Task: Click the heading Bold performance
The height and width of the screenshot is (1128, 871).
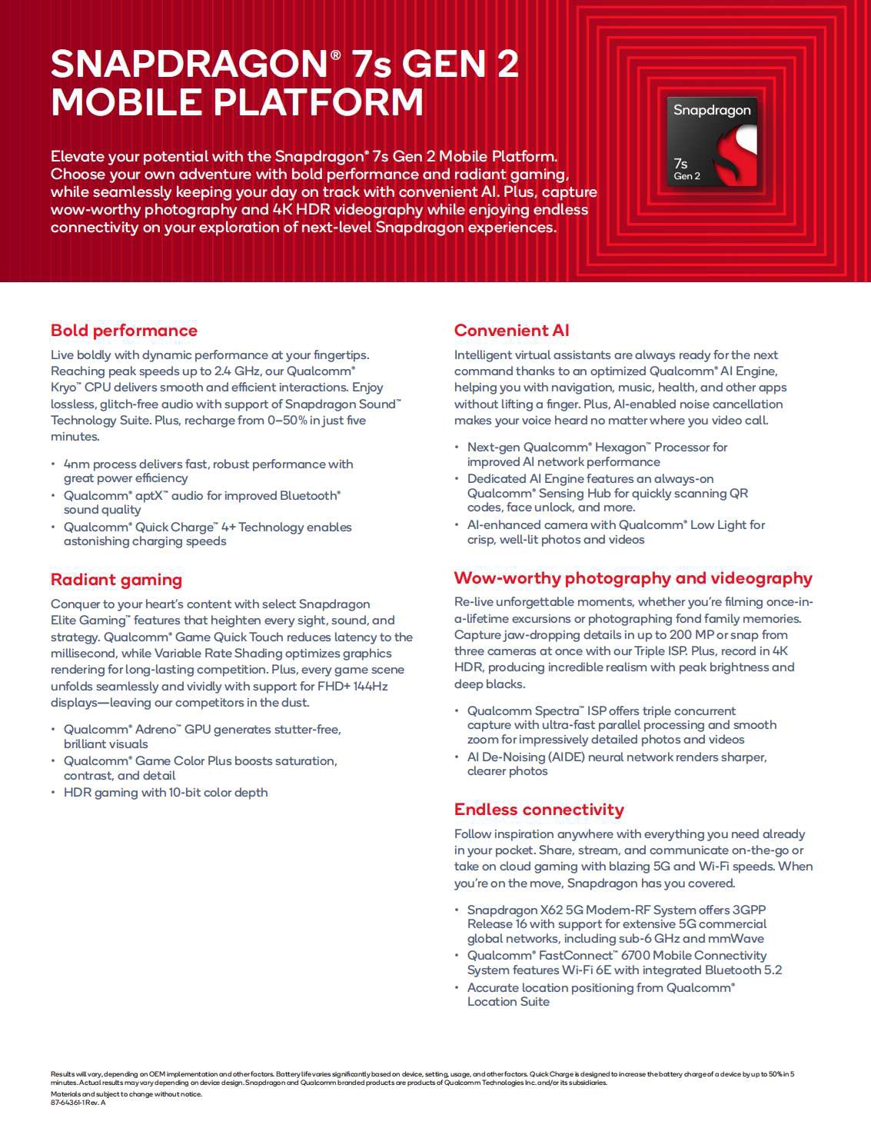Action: click(124, 331)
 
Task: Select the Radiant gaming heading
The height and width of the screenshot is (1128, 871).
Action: click(116, 580)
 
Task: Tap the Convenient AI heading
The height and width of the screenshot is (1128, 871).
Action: click(511, 331)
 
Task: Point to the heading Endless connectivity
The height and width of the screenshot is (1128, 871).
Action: click(539, 810)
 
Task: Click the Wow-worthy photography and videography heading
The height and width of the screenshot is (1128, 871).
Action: click(633, 578)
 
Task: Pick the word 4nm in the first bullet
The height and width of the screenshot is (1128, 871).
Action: click(76, 464)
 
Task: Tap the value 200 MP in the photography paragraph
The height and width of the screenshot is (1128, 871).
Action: click(691, 635)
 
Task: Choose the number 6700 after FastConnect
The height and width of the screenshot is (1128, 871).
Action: click(636, 956)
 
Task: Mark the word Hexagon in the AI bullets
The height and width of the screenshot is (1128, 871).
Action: click(620, 448)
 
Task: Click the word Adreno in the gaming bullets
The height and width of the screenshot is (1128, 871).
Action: click(158, 730)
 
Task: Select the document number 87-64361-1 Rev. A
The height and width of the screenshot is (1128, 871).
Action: click(78, 1103)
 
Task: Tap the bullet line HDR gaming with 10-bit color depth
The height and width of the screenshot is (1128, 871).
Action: click(165, 793)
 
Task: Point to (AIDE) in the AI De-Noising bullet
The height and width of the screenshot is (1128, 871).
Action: click(568, 757)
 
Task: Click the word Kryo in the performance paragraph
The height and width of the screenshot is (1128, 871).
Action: click(64, 388)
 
